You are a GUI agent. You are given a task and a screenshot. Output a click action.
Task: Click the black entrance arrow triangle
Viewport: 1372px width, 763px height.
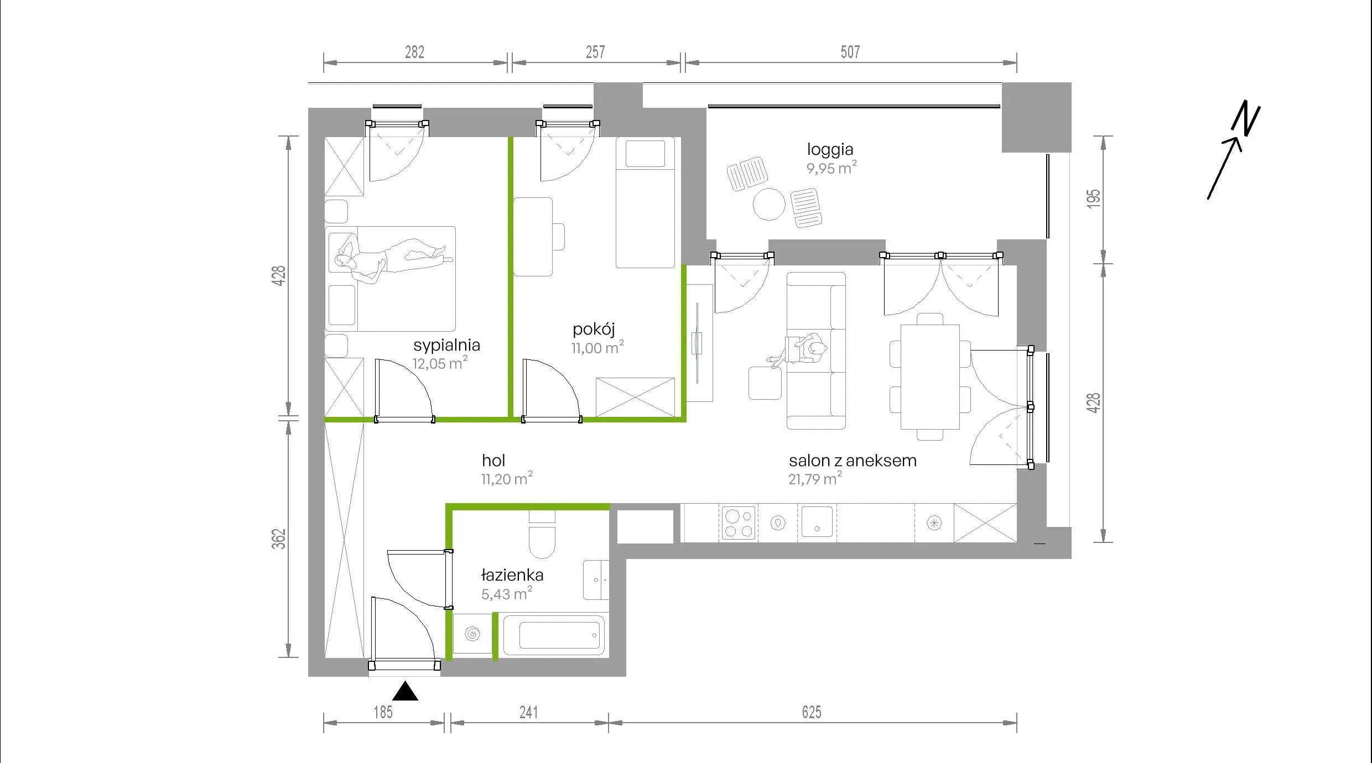(405, 691)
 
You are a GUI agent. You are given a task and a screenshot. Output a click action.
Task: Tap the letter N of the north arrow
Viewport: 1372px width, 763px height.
(1246, 118)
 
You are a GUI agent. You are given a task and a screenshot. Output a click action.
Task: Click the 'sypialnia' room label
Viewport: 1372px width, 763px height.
(446, 346)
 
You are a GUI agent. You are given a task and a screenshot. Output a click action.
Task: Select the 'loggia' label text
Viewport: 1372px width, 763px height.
(830, 150)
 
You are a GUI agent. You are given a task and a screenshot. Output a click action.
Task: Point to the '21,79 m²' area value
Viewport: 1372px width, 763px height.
(815, 478)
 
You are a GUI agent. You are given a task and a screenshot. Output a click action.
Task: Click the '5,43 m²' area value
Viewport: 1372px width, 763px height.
(507, 593)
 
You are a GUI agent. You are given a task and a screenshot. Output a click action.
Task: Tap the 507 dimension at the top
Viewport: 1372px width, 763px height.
(850, 52)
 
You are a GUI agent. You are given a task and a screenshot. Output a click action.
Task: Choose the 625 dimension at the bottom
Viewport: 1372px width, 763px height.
(812, 712)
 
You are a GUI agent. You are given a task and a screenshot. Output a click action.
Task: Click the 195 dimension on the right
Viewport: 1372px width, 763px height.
(1094, 199)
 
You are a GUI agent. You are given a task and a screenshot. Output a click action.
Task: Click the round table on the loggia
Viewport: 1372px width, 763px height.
(769, 204)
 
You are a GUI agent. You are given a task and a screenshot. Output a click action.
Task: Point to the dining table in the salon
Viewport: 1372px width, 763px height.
(930, 377)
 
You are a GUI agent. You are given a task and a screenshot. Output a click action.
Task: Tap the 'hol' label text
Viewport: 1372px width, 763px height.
(493, 460)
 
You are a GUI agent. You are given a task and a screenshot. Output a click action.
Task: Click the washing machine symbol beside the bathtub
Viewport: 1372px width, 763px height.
(472, 634)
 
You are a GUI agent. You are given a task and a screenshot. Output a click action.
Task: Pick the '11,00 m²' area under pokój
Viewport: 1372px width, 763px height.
(597, 347)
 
